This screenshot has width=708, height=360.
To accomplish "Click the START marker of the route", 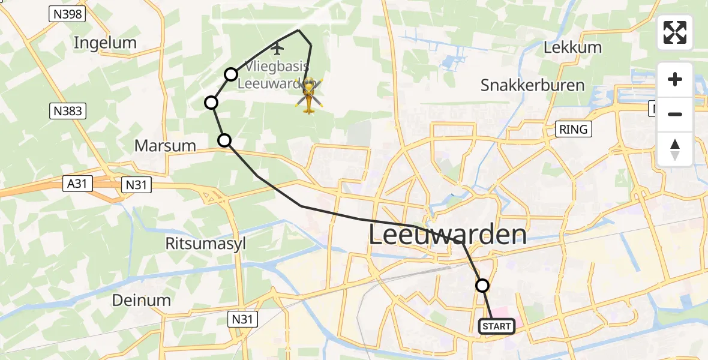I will pyautogui.click(x=496, y=326).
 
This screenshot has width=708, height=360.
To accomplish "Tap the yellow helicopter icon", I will pyautogui.click(x=309, y=95).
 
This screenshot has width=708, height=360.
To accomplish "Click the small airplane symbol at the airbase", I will pyautogui.click(x=277, y=47).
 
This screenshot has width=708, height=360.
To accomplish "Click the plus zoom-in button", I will pyautogui.click(x=675, y=79).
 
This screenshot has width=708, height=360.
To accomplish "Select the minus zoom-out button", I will pyautogui.click(x=675, y=114).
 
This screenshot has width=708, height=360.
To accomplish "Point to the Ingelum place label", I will pyautogui.click(x=105, y=43).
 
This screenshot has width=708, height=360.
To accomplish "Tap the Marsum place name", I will pyautogui.click(x=165, y=146).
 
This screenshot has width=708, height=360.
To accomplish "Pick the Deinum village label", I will pyautogui.click(x=142, y=300).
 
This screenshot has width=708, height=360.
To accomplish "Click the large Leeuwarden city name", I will pyautogui.click(x=447, y=235).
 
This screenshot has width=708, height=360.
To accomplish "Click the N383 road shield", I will pyautogui.click(x=67, y=111).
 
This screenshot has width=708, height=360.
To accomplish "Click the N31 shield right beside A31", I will pyautogui.click(x=137, y=186).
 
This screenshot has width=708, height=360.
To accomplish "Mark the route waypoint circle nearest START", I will pyautogui.click(x=482, y=286).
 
